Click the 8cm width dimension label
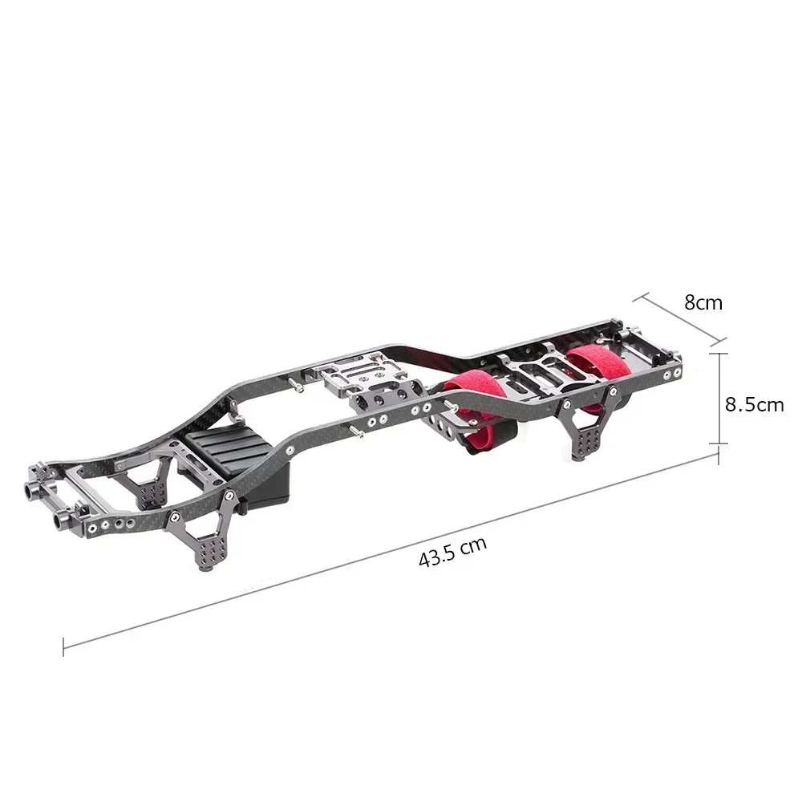[703, 302]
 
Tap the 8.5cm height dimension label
[754, 404]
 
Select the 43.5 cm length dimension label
[453, 552]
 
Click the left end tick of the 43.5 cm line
[63, 645]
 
